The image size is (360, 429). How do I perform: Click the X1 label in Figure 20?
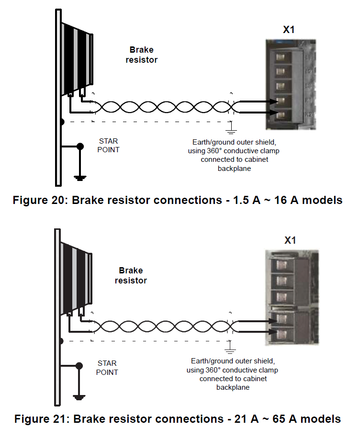point(289,30)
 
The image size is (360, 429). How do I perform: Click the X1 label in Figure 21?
point(290,240)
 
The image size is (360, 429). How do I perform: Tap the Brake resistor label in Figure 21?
point(131,276)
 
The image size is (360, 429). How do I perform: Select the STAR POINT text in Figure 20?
point(109,145)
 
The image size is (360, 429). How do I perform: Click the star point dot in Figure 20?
point(80,146)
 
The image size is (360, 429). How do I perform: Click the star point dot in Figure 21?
point(79,367)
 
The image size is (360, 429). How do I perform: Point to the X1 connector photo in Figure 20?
point(289,84)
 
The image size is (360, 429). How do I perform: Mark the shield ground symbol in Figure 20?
point(230,128)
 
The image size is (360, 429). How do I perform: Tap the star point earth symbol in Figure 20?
point(80,178)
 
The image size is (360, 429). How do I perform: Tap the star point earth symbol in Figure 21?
point(79,397)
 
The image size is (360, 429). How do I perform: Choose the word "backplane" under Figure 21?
point(233,387)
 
